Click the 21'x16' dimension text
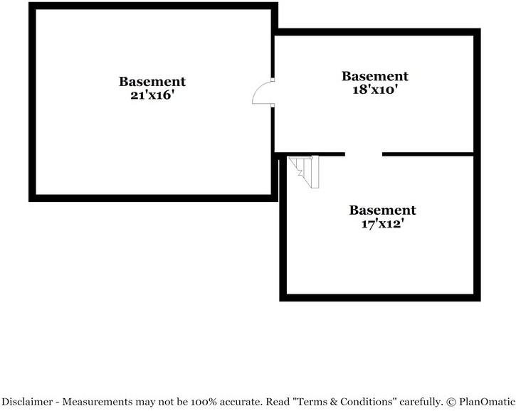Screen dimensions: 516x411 [x=152, y=95]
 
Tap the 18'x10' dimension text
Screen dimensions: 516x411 [x=375, y=90]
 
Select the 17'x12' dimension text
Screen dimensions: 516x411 [x=383, y=224]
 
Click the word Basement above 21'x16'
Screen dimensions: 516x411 [x=152, y=82]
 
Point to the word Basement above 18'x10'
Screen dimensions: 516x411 [x=375, y=76]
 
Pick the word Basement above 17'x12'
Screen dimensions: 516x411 [x=383, y=210]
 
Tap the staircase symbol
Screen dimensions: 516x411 [x=305, y=171]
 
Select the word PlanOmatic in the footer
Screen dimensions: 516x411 [x=487, y=402]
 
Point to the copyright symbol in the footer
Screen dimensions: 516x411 [x=451, y=402]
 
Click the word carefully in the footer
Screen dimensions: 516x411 [x=421, y=402]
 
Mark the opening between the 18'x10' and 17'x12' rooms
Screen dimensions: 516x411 [x=364, y=154]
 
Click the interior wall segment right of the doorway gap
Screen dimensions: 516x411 [x=428, y=154]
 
